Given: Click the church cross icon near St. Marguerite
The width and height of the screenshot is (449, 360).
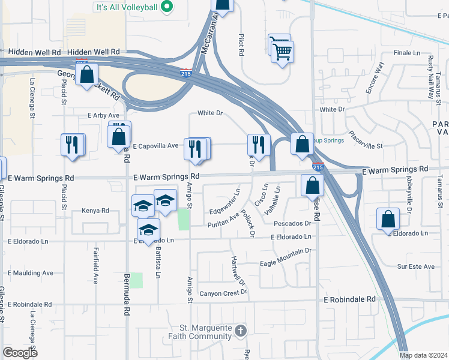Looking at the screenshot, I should click(240, 331).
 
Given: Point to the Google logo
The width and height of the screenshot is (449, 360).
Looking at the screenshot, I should click(19, 352).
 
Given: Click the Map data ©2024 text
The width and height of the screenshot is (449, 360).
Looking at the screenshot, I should click(423, 355).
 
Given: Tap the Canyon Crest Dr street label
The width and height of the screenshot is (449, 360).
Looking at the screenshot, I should click(223, 293).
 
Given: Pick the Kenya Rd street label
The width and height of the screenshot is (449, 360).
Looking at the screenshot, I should click(97, 211).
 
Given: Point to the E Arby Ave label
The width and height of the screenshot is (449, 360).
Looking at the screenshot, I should click(104, 115).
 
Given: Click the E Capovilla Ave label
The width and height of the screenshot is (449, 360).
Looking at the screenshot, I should click(155, 146).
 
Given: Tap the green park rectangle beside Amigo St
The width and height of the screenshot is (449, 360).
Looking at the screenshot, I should click(184, 218).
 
